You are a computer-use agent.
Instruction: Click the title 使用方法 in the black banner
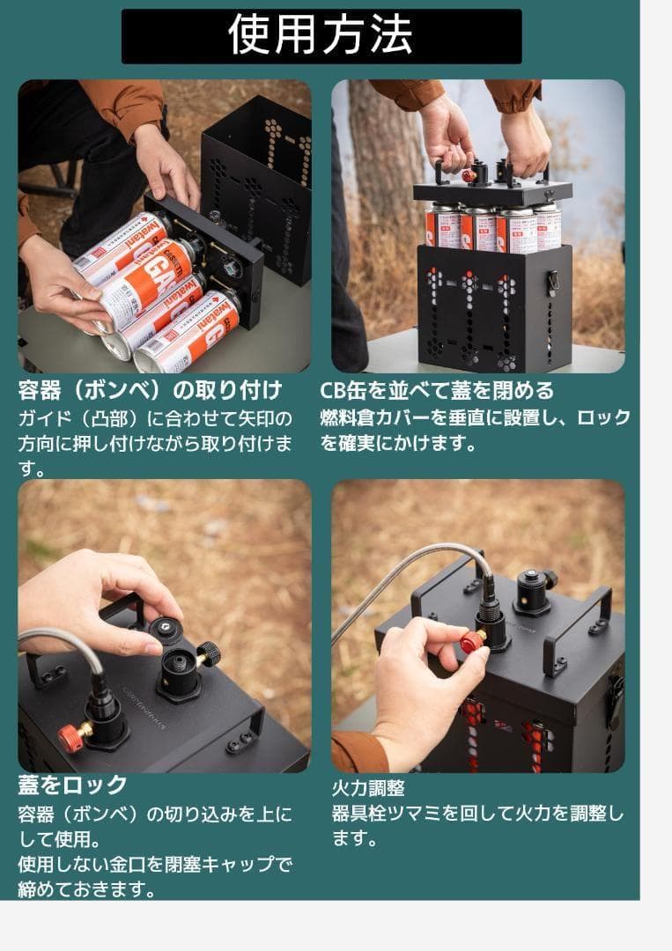tap(321, 35)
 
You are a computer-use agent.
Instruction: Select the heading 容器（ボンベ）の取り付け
tap(150, 389)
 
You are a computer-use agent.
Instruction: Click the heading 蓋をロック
tap(73, 784)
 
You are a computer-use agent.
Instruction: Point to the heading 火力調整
tap(368, 787)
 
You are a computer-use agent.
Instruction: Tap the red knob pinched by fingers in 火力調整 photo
tap(472, 641)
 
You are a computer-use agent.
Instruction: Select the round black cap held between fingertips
tap(164, 627)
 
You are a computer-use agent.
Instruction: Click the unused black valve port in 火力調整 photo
tap(533, 588)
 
